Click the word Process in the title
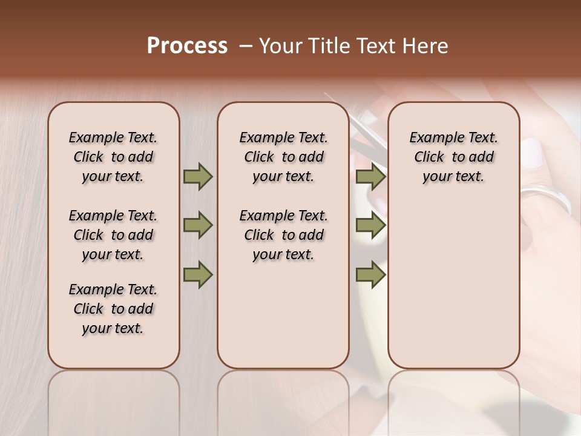(187, 46)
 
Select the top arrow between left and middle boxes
(198, 177)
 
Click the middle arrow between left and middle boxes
(198, 226)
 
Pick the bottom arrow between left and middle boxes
(198, 274)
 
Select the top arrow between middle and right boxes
(370, 177)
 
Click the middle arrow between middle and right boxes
(370, 226)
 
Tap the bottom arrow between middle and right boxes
(370, 274)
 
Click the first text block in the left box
(113, 157)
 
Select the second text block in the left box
(113, 235)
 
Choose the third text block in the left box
(113, 309)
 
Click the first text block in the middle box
(283, 157)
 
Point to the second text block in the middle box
(283, 235)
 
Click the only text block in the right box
(453, 157)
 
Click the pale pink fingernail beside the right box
(533, 153)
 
